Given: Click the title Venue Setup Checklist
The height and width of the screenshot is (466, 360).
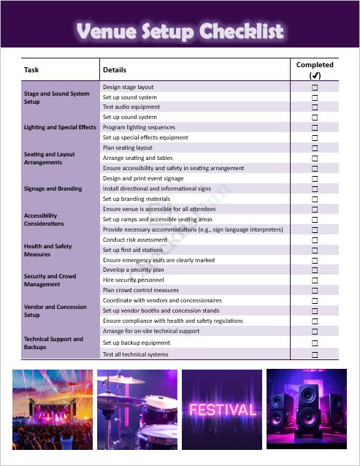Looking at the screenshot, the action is coord(180,31).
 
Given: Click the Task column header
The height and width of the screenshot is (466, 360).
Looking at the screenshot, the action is coord(31,70).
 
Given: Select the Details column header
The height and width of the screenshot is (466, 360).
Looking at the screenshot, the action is coord(115,70).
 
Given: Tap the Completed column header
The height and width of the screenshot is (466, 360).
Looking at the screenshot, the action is coord(315,69).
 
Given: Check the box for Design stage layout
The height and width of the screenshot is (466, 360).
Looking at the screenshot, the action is coord(315,88).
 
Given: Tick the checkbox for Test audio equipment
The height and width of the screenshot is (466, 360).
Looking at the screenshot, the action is coord(315,107).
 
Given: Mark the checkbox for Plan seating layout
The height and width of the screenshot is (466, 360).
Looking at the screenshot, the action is coord(315,148).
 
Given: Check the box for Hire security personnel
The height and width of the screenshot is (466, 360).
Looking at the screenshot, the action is coord(315,280).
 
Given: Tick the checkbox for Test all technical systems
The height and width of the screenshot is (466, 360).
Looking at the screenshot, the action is coord(315,355).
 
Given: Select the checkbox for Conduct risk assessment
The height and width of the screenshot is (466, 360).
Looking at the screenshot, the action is coord(315,240).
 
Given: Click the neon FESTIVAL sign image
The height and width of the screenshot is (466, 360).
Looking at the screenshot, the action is coord(223,409).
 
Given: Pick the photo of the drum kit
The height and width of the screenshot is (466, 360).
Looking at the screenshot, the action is coord(137,409).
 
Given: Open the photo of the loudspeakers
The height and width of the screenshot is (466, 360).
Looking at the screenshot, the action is coord(306,409).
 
